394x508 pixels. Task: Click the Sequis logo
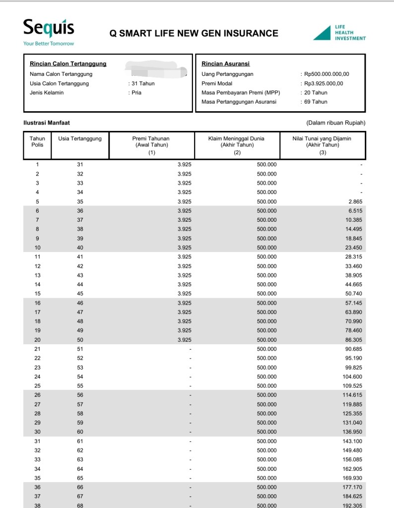pos(49,28)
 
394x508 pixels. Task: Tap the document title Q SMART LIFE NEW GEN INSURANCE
pos(194,34)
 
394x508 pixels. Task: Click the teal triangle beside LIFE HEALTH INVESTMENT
pos(322,33)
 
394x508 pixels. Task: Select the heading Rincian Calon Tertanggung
pos(68,64)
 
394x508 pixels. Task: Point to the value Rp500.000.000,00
pos(327,74)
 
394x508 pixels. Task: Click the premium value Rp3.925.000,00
pos(324,83)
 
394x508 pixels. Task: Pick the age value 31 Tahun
pos(143,83)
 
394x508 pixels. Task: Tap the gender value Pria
pos(136,93)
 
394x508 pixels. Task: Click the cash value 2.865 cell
pos(355,201)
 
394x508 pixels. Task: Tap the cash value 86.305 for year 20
pos(354,340)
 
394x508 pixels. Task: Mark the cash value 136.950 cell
pos(353,432)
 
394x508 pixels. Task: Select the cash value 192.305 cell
pos(353,505)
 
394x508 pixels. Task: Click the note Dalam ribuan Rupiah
pos(335,123)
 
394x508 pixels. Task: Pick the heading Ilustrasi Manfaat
pos(47,123)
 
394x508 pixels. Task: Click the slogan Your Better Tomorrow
pos(49,44)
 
